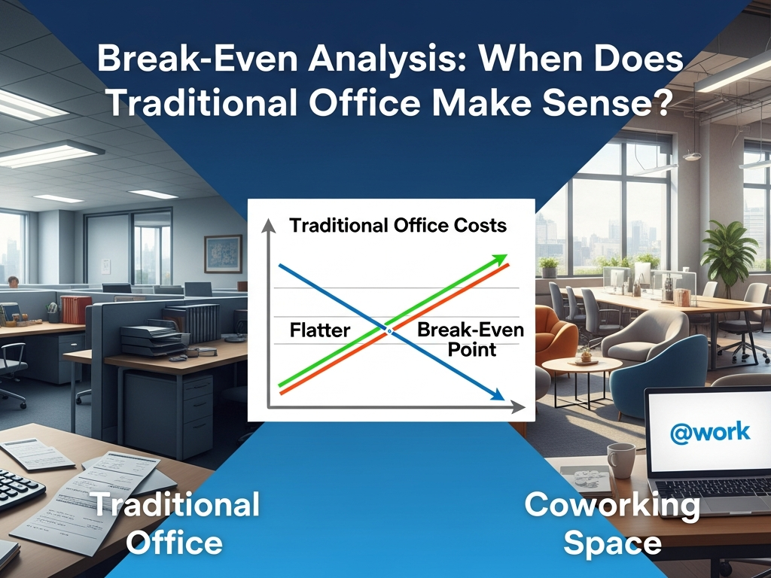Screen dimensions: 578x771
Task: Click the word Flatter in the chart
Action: point(320,330)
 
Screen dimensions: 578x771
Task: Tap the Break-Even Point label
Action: point(471,339)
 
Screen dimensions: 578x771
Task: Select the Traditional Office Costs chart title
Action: point(398,225)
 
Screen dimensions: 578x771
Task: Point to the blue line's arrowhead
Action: point(497,395)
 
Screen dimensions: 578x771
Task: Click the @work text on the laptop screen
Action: point(710,431)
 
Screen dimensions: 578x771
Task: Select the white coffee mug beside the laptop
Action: point(620,460)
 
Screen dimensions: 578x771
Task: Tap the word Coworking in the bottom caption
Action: point(611,504)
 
